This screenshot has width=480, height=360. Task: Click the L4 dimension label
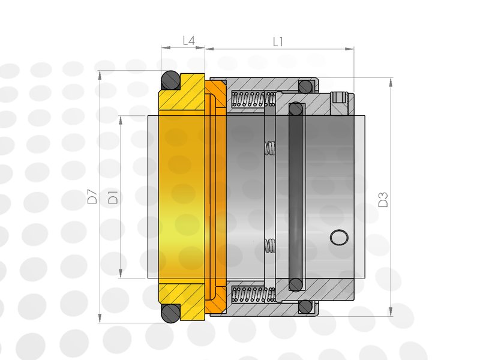point(188,40)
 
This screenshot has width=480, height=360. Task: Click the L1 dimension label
point(278,42)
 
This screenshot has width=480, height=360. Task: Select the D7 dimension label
point(92,196)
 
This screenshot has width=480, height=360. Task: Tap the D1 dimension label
point(113,197)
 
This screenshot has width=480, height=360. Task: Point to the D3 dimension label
point(383,200)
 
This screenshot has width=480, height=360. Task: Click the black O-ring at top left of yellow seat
point(170,80)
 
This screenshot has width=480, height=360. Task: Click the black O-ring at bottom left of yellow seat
point(170,313)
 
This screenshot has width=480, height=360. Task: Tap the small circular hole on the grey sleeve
point(339,237)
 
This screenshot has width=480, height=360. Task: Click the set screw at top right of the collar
point(339,97)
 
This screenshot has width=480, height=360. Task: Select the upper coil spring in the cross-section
point(253,99)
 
